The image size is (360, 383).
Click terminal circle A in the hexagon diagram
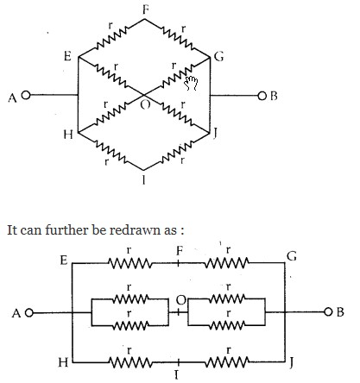click(26, 95)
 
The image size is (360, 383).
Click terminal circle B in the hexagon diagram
click(262, 96)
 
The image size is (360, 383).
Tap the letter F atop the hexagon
click(146, 10)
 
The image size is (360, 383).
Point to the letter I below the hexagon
click(143, 180)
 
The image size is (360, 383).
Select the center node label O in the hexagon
click(145, 104)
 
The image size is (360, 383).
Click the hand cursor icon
click(191, 83)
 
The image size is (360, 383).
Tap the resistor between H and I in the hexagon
click(111, 151)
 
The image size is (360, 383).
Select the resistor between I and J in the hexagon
click(177, 151)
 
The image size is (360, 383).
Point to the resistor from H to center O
click(111, 114)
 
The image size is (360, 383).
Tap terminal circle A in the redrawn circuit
click(29, 312)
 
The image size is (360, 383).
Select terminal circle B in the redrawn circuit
click(328, 311)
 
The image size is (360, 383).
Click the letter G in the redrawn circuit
click(292, 255)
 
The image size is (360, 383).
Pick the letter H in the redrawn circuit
click(63, 362)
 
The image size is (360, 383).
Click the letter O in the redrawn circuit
click(180, 300)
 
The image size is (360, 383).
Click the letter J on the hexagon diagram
click(215, 133)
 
